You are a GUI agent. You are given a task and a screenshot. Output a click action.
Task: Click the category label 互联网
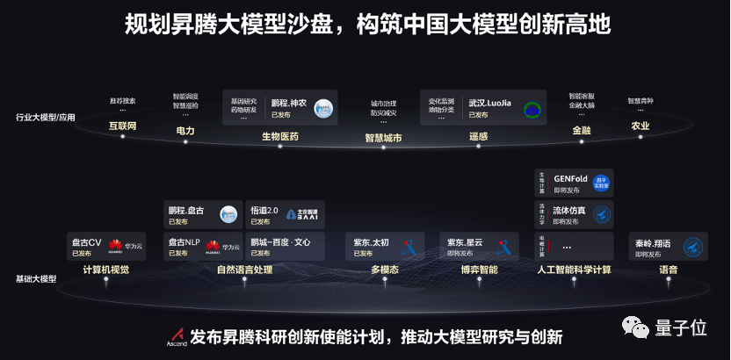click(123, 126)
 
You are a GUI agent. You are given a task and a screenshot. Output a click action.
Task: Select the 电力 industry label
click(185, 130)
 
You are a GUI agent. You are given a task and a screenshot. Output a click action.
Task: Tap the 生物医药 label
click(280, 136)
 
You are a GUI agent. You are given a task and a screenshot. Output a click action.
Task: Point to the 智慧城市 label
click(383, 138)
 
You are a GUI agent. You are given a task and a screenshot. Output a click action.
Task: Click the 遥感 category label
click(479, 136)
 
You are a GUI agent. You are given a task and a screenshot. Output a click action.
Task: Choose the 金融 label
click(582, 130)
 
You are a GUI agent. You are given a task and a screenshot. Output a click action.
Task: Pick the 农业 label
click(641, 126)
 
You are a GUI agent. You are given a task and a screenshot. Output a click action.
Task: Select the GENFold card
click(574, 183)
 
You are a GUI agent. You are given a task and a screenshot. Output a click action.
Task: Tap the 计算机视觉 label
click(105, 270)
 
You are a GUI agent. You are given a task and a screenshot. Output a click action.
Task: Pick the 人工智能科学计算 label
click(574, 270)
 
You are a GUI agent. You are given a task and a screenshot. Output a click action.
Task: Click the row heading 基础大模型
click(36, 278)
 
